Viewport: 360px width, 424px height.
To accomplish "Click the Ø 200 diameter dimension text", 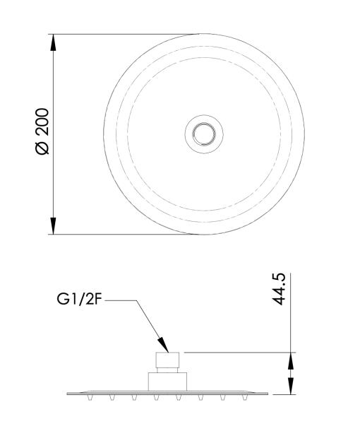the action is coord(42,131).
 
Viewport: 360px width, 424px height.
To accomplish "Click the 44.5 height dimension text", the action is coord(279,289).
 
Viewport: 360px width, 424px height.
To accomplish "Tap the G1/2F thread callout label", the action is coord(79,300).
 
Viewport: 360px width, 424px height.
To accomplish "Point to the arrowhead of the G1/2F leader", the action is coord(163,345).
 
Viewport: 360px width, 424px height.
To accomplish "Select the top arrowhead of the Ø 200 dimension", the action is coord(53,42).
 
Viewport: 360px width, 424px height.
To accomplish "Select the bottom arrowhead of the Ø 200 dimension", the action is coord(53,226).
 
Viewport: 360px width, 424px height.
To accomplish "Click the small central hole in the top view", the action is coord(204,134).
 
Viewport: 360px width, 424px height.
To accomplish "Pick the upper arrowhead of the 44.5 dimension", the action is coord(291,361).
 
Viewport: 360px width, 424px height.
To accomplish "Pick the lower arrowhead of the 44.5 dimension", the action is coord(291,386).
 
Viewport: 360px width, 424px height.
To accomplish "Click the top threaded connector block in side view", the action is coord(167,360).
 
